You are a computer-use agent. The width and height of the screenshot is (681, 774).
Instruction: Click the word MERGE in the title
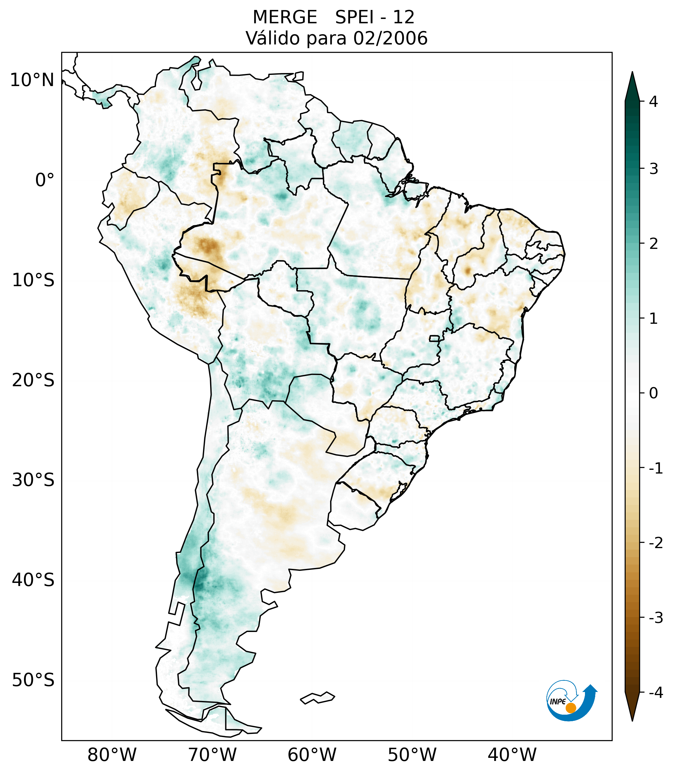[x=284, y=17]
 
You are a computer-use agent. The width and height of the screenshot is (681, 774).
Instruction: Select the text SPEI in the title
[x=354, y=17]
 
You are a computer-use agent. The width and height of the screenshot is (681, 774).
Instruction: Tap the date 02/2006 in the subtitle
[x=390, y=38]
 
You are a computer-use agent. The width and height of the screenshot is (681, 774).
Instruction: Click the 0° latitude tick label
[x=45, y=180]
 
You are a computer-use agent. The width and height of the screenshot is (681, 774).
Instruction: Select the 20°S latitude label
[x=33, y=380]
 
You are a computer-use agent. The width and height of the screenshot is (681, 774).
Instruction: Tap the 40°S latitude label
[x=33, y=580]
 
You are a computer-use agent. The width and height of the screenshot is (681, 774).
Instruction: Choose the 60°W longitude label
[x=312, y=754]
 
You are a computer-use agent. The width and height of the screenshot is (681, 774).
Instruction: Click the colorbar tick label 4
[x=653, y=102]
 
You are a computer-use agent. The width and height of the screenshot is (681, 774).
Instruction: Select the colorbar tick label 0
[x=653, y=393]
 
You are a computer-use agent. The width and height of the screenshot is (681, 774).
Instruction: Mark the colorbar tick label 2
[x=653, y=244]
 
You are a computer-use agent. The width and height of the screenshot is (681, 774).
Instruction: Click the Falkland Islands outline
[x=317, y=698]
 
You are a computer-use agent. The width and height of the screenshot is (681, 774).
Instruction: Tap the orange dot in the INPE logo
[x=571, y=708]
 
